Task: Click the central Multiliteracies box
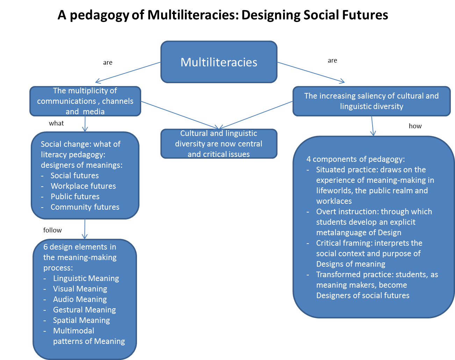[x=219, y=62]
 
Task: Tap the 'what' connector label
[x=56, y=123]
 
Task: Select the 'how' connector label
[x=415, y=126]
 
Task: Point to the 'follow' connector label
[x=52, y=230]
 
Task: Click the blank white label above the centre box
[x=178, y=109]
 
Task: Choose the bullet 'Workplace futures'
[x=83, y=186]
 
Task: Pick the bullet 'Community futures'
[x=85, y=207]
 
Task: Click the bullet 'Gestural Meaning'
[x=84, y=310]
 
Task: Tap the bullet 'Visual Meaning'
[x=80, y=289]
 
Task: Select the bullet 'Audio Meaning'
[x=80, y=299]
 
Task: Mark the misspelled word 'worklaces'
[x=334, y=201]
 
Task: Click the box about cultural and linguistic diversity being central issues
[x=219, y=144]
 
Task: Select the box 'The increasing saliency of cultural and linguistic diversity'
[x=371, y=101]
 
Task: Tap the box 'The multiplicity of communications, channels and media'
[x=85, y=101]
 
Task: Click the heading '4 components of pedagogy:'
[x=355, y=159]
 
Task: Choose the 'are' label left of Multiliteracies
[x=108, y=62]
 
